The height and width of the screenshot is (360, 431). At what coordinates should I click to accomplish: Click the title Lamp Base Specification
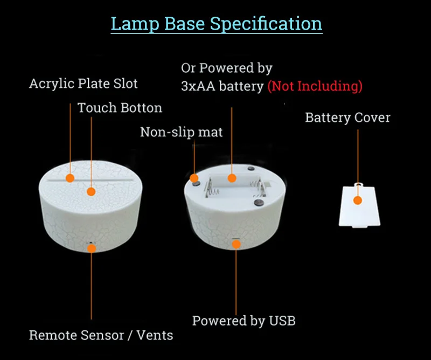(217, 24)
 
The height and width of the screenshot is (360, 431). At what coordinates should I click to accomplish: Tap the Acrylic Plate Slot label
(84, 84)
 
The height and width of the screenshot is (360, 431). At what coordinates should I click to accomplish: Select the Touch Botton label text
(120, 108)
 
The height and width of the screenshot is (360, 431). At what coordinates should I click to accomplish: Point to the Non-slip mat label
(181, 132)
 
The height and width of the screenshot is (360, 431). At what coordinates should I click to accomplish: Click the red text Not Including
(315, 86)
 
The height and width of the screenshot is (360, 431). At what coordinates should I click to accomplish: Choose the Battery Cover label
(347, 117)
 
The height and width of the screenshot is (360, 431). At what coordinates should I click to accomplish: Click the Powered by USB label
(244, 321)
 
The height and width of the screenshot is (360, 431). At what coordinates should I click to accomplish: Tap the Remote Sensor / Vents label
(101, 335)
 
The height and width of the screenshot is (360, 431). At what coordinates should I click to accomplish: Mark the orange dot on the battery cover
(357, 200)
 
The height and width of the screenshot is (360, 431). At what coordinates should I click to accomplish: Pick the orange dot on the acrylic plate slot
(70, 178)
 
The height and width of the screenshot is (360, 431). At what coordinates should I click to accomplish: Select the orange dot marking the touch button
(91, 191)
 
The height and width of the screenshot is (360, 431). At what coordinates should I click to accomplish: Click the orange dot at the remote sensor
(91, 248)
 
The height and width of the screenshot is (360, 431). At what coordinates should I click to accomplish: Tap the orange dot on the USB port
(235, 244)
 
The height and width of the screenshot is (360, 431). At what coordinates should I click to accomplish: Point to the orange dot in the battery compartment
(232, 177)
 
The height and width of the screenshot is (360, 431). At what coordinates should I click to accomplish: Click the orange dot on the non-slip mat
(194, 177)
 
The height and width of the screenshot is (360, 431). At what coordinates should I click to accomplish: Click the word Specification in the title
(266, 24)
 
